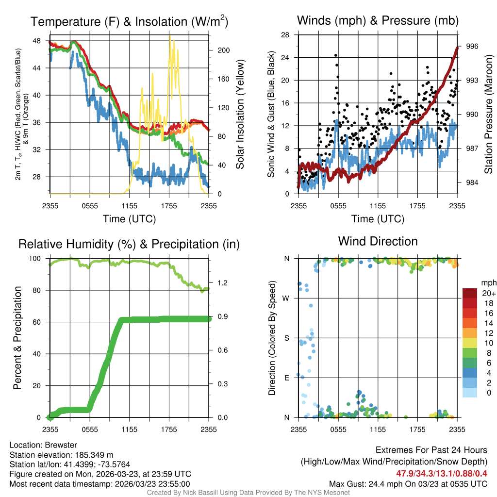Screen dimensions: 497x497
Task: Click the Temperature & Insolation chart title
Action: pyautogui.click(x=129, y=21)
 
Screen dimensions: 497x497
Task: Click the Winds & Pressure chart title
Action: pyautogui.click(x=378, y=20)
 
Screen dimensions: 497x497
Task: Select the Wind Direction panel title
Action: pyautogui.click(x=378, y=241)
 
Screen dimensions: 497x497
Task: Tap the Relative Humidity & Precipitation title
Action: pyautogui.click(x=129, y=244)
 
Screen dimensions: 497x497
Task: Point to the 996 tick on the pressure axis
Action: pyautogui.click(x=472, y=46)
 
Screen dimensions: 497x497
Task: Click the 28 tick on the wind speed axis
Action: pyautogui.click(x=285, y=35)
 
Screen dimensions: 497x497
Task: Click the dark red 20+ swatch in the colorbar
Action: pyautogui.click(x=469, y=293)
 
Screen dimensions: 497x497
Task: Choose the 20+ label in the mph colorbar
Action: pyautogui.click(x=488, y=293)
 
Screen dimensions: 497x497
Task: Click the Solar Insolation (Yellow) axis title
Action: pyautogui.click(x=240, y=115)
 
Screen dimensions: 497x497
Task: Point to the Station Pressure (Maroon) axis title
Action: pyautogui.click(x=489, y=115)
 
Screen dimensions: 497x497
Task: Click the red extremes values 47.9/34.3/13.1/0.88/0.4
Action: pyautogui.click(x=442, y=473)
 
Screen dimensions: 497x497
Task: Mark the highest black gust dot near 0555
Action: pyautogui.click(x=336, y=55)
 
